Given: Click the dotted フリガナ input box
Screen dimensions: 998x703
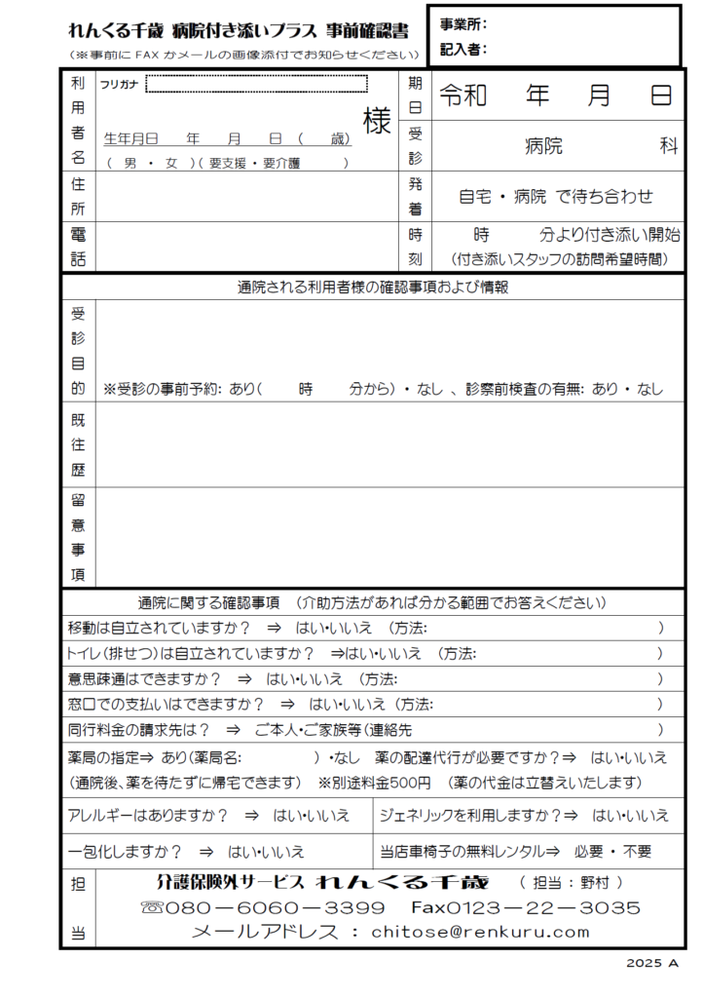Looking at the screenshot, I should click(x=256, y=84).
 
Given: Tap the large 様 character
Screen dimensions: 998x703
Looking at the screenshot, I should click(x=377, y=122).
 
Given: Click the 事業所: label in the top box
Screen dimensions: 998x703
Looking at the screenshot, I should click(x=463, y=24).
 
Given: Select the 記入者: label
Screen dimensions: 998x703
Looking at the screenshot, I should click(x=463, y=49).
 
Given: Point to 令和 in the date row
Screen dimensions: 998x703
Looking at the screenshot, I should click(x=463, y=95).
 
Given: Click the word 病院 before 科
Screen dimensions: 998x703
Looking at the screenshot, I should click(x=543, y=146).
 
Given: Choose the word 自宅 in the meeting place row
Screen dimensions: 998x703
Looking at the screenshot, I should click(x=478, y=196).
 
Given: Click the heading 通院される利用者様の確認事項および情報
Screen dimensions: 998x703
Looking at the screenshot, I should click(x=373, y=288).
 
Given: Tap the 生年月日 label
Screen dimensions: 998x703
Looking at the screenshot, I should click(x=130, y=138).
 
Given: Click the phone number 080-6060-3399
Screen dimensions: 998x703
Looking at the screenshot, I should click(x=277, y=907).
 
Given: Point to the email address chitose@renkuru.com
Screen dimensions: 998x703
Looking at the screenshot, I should click(x=480, y=932).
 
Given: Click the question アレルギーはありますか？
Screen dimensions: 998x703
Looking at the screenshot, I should click(x=148, y=816).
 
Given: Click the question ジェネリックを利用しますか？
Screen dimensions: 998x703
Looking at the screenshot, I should click(x=467, y=816).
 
